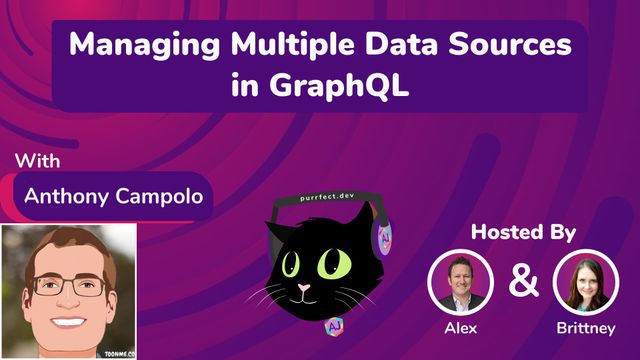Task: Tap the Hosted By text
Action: coord(524,232)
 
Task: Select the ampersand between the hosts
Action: coord(523,281)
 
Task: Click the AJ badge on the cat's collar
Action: coord(333,327)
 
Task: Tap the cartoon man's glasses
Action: coord(69,285)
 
